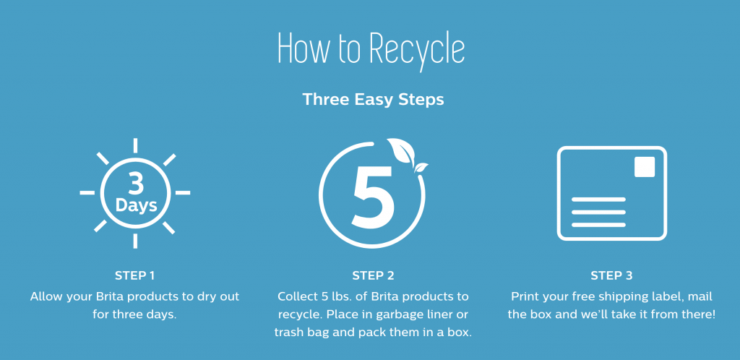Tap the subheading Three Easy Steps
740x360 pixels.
373,100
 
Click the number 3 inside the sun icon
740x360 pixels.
136,184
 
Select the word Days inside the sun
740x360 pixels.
136,205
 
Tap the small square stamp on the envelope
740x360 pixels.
644,167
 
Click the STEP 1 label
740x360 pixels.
135,276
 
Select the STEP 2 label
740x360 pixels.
373,276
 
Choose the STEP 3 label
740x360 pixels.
611,276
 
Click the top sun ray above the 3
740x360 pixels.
135,145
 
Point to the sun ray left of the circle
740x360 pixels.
87,193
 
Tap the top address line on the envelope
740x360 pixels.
598,199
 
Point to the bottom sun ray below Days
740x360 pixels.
135,241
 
